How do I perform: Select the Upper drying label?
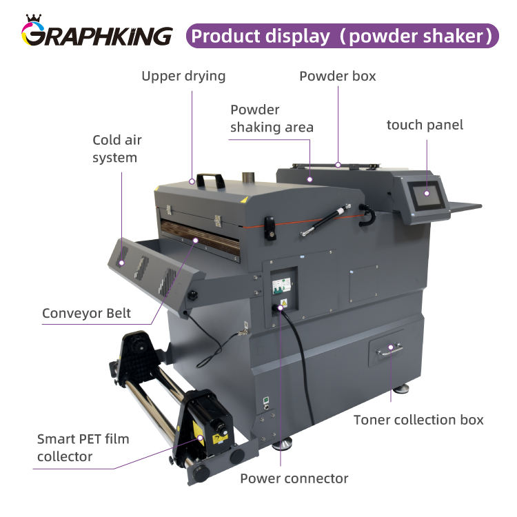[x=183, y=76]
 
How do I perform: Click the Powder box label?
[x=338, y=76]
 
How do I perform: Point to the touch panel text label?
[x=425, y=125]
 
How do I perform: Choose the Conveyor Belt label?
[x=86, y=314]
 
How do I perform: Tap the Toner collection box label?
[x=418, y=420]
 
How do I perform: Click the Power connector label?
[x=294, y=478]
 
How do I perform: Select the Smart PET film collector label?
[x=83, y=447]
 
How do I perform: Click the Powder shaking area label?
[x=272, y=119]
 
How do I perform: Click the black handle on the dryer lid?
[x=211, y=181]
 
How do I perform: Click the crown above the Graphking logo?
[x=32, y=17]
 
